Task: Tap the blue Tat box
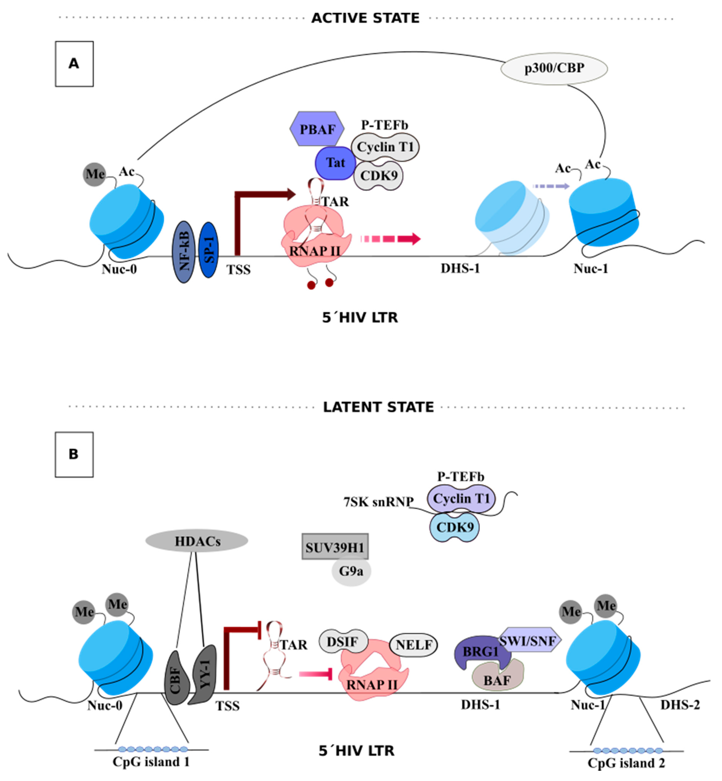pyautogui.click(x=335, y=163)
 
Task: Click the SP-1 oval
pyautogui.click(x=208, y=250)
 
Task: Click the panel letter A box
pyautogui.click(x=74, y=64)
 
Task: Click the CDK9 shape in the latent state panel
pyautogui.click(x=455, y=527)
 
